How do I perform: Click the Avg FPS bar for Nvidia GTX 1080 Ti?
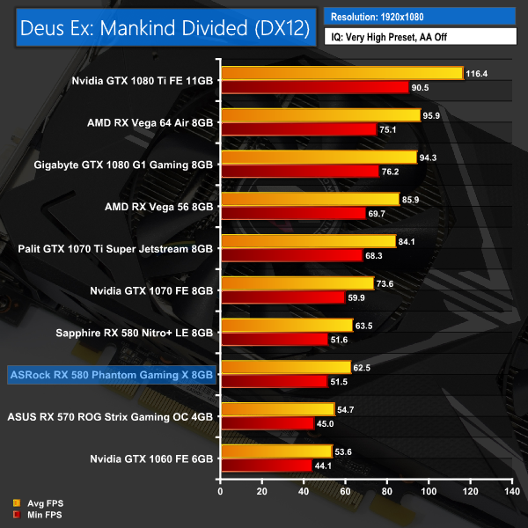pyautogui.click(x=342, y=73)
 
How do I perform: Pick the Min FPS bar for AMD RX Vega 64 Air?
pyautogui.click(x=300, y=128)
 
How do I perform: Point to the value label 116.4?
pyautogui.click(x=478, y=73)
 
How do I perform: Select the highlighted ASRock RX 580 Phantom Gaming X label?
pyautogui.click(x=110, y=375)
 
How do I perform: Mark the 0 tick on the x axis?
pyautogui.click(x=221, y=491)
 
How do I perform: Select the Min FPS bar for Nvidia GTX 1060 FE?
pyautogui.click(x=266, y=466)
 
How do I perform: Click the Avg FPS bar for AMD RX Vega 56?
pyautogui.click(x=310, y=200)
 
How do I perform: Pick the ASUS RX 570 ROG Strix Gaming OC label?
pyautogui.click(x=111, y=416)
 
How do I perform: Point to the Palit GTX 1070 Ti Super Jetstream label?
pyautogui.click(x=115, y=248)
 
